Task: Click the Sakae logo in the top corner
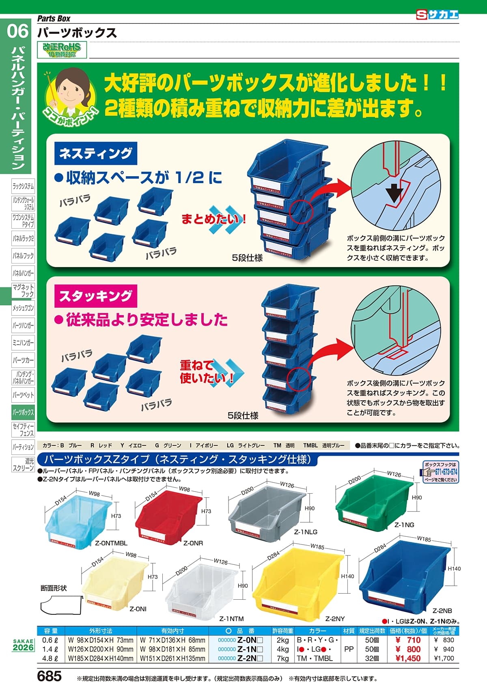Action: click(437, 15)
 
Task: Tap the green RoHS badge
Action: click(62, 50)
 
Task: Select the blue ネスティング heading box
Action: click(96, 153)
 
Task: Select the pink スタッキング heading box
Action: click(96, 296)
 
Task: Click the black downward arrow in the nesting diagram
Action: click(394, 193)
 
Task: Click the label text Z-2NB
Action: click(442, 611)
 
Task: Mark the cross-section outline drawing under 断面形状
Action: click(61, 606)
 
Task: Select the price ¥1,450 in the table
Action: click(408, 659)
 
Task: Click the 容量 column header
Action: click(51, 631)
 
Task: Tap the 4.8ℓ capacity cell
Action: click(50, 659)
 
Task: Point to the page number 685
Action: click(49, 676)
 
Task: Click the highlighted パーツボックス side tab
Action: click(23, 412)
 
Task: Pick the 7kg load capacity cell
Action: click(282, 659)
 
